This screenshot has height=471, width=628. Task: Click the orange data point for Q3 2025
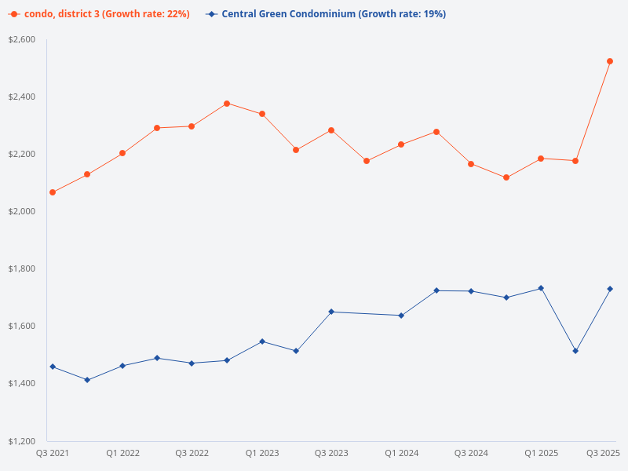click(x=610, y=61)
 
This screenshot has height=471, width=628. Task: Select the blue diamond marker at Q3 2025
click(x=610, y=289)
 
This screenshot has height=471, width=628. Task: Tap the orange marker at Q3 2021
click(x=53, y=192)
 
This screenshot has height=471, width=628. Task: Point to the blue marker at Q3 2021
click(x=53, y=367)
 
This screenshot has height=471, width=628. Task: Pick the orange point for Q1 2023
click(x=262, y=114)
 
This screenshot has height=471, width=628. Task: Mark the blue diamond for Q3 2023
click(x=331, y=312)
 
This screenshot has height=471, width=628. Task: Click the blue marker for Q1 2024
click(x=401, y=316)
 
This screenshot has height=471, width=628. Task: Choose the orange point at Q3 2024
click(x=471, y=164)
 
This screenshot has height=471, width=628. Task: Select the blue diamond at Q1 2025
click(x=541, y=288)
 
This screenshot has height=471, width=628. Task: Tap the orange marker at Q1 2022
click(x=122, y=153)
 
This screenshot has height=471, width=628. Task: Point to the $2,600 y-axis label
click(x=22, y=39)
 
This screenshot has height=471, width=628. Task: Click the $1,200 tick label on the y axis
click(x=22, y=440)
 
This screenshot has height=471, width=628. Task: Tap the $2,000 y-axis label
click(x=22, y=211)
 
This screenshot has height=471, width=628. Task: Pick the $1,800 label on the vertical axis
click(x=22, y=268)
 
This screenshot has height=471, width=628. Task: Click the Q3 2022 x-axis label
click(x=192, y=453)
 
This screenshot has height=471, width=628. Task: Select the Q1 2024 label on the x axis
click(x=401, y=453)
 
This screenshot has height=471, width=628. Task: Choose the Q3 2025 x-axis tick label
click(x=604, y=453)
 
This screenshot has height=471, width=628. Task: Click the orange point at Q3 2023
click(x=331, y=130)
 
